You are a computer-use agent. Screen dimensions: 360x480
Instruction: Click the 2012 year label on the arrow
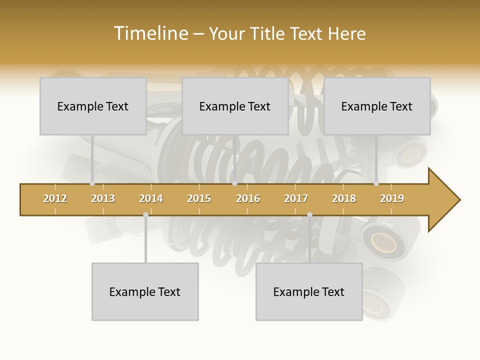point(55,199)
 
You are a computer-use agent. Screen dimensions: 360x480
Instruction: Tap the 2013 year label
point(103,199)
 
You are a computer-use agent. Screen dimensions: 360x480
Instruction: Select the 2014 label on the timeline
point(151,199)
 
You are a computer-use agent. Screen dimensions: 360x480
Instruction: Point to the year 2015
point(199,199)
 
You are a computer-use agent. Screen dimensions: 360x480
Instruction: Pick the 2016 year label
point(248,199)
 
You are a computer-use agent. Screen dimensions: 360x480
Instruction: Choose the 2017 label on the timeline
point(296,199)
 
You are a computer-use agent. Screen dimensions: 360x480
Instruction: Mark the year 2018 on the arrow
point(344,199)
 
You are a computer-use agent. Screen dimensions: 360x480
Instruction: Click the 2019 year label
point(392,199)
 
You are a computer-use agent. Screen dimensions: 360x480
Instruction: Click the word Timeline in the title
point(150,33)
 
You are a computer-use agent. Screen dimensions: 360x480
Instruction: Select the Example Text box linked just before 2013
point(93,106)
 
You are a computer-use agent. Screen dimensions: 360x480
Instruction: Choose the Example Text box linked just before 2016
point(235,106)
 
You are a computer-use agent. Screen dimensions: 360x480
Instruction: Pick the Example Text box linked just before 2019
point(377,106)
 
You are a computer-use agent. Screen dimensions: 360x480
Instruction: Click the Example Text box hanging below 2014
point(145,291)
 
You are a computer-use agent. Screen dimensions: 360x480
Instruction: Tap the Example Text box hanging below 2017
point(309,291)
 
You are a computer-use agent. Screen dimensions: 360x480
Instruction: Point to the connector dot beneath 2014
point(145,214)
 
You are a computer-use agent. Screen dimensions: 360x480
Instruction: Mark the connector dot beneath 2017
point(309,214)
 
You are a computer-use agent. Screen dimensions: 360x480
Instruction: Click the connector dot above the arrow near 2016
point(234,183)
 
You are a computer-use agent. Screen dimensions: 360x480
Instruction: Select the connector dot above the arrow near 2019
point(376,183)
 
